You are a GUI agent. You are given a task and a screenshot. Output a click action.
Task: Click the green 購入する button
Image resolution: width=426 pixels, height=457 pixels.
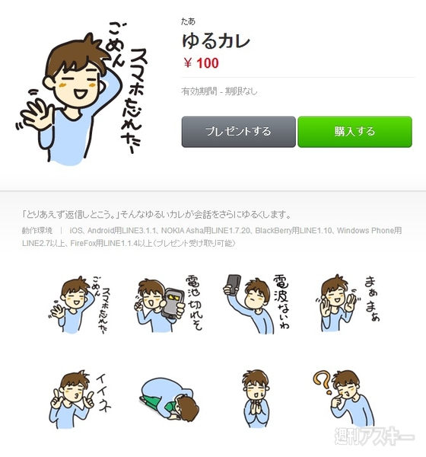tap(354, 131)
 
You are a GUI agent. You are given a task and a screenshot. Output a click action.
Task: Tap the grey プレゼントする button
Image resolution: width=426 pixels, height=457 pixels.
tap(238, 131)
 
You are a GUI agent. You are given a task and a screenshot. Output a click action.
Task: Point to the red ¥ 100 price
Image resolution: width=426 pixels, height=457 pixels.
tap(201, 63)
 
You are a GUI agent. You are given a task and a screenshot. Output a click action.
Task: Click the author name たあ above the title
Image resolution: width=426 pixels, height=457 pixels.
tap(187, 21)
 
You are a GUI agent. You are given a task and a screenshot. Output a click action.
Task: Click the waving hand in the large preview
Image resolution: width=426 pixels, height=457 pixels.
tap(35, 114)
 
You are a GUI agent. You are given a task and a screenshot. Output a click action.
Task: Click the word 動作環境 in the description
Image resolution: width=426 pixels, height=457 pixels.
tap(37, 230)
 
